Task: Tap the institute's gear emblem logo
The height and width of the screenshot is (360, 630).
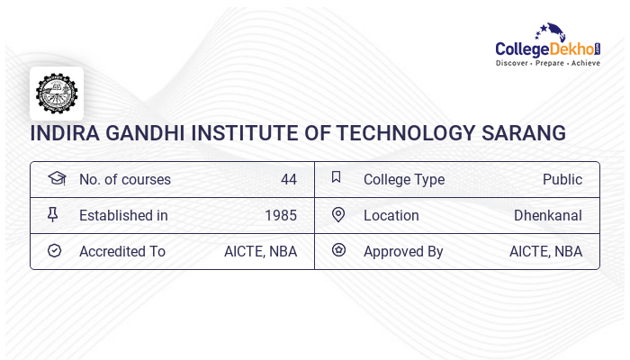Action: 57,94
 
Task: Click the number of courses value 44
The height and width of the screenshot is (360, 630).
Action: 289,179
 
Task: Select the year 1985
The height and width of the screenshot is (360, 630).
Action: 281,215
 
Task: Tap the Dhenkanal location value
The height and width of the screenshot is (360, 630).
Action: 548,215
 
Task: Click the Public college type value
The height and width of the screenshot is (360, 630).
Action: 562,179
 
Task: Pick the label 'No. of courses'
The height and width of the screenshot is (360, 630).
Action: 125,179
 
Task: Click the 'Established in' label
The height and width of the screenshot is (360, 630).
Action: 123,215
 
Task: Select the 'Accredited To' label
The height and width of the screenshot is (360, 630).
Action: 122,251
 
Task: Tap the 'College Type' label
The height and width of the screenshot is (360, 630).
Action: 404,179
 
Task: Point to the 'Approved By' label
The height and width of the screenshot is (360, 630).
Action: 403,251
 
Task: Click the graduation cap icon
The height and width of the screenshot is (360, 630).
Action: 56,178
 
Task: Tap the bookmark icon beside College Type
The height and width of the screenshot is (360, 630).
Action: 337,177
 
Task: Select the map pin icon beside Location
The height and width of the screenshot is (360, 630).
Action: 338,214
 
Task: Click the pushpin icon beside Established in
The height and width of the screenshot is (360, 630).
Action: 53,214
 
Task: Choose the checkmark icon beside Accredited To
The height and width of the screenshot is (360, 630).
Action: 54,250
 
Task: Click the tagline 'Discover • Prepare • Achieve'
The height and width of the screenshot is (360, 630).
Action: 547,63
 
